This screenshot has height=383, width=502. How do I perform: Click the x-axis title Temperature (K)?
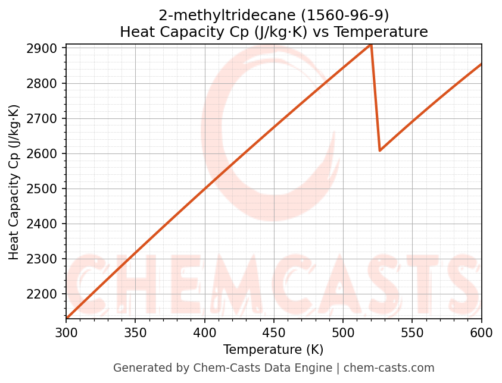click(273, 350)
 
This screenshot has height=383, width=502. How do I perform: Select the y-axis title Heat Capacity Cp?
click(14, 182)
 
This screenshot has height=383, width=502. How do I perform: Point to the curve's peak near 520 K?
click(370, 45)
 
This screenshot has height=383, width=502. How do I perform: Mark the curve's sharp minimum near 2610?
click(379, 150)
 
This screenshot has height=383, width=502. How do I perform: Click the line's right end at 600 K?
click(481, 64)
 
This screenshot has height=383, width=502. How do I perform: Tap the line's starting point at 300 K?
click(67, 318)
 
